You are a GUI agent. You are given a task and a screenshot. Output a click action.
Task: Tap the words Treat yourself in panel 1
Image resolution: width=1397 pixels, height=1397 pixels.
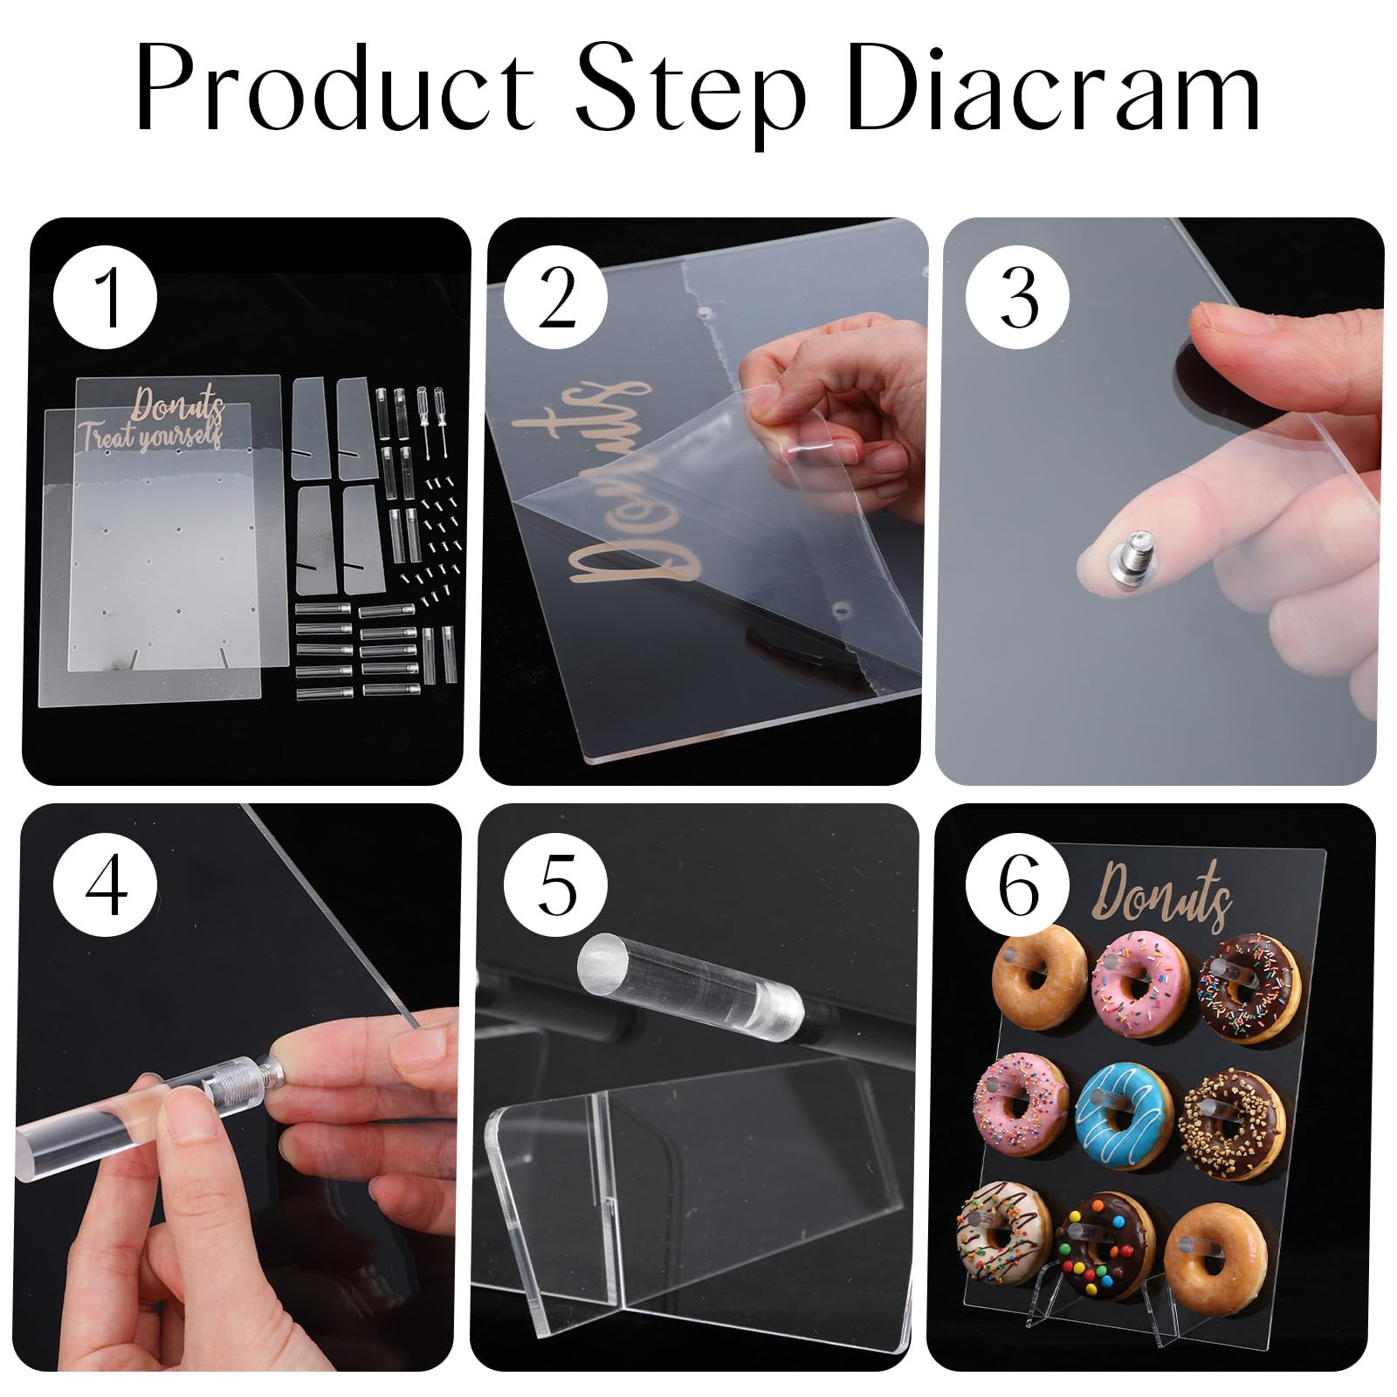(x=150, y=434)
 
